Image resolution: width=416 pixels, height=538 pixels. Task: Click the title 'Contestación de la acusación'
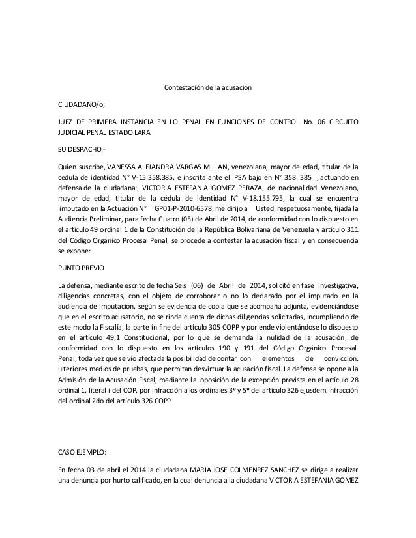[x=207, y=87]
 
